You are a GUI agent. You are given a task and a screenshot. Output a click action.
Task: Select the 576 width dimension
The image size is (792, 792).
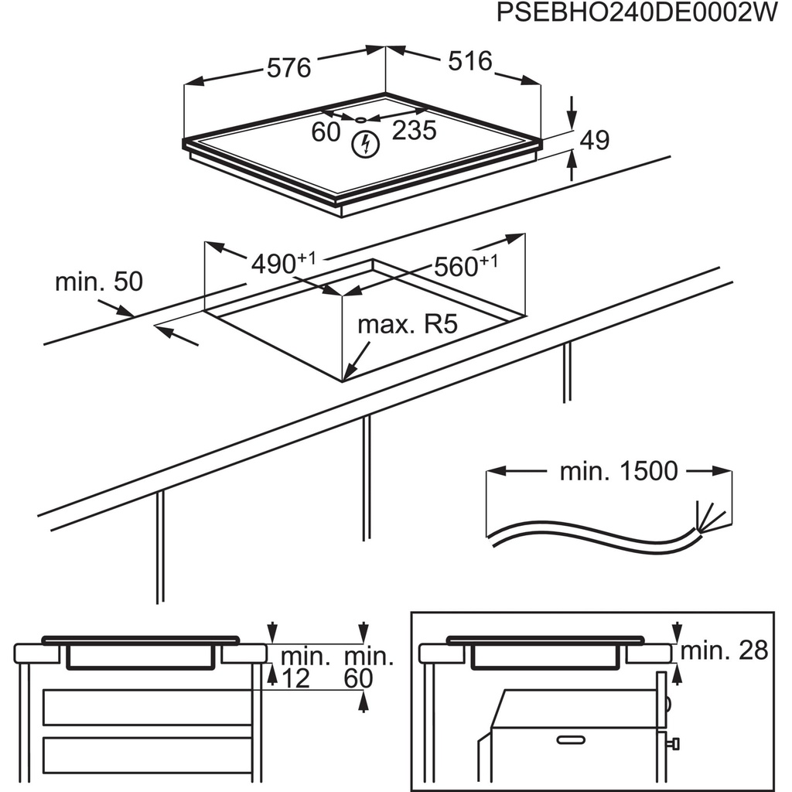point(288,67)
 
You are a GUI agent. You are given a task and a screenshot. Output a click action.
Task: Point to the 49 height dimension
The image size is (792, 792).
point(594,140)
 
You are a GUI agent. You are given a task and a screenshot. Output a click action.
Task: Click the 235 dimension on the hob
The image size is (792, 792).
point(414,130)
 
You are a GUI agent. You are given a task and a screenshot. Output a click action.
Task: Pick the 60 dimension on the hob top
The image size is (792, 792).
point(326,131)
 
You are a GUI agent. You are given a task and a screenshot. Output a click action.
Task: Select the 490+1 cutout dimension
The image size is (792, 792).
point(283,264)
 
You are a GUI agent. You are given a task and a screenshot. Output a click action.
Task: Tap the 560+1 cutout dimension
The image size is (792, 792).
point(465,265)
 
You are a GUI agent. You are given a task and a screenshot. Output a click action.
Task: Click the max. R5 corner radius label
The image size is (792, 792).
point(408,323)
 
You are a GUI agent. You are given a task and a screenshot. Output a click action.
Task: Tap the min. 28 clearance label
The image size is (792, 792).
point(724,650)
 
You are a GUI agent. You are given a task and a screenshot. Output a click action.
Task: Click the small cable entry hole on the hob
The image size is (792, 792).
point(361,119)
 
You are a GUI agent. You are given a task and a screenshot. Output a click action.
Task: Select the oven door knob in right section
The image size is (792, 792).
point(674,743)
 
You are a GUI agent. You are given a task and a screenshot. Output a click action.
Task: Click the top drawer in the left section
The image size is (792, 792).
point(147,707)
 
